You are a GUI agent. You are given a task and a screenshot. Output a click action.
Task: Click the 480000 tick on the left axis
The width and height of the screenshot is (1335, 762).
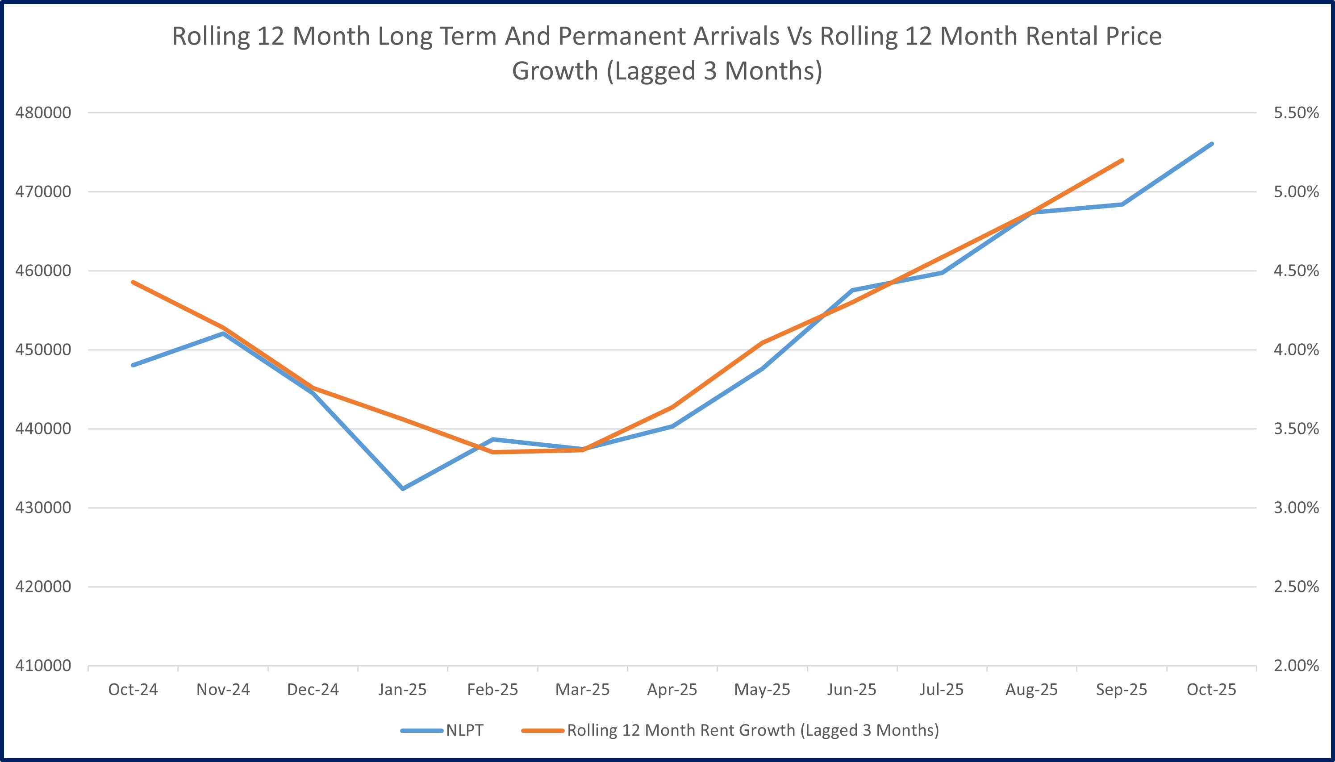[43, 113]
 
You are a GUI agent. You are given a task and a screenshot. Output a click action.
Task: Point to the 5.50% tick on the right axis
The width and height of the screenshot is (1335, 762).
[1296, 113]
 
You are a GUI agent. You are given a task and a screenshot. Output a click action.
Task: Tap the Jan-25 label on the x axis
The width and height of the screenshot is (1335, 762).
[402, 690]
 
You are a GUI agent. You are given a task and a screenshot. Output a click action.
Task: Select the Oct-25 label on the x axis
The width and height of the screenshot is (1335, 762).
[1211, 690]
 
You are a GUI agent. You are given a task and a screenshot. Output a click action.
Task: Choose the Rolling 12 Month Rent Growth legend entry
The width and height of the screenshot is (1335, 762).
[752, 730]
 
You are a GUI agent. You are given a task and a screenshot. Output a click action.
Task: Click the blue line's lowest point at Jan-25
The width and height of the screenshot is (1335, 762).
[402, 489]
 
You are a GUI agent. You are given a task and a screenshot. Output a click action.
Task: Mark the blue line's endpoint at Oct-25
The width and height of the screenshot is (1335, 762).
[1211, 144]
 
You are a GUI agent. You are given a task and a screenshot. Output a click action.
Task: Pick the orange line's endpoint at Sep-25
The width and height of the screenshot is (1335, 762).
[1122, 161]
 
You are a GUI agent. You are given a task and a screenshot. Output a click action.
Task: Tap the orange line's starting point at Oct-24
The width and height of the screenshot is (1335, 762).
[133, 282]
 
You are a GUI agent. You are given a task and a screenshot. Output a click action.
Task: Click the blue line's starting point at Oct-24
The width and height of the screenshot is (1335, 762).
[133, 365]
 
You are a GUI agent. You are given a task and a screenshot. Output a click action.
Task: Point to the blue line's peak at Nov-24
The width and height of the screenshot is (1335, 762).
[223, 333]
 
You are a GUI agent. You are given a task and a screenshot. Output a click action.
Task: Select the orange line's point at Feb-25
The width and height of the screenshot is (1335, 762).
[493, 452]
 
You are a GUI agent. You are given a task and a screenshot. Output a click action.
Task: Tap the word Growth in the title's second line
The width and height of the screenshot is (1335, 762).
[554, 71]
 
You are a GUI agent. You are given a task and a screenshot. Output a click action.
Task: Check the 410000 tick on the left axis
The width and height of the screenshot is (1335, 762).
[43, 666]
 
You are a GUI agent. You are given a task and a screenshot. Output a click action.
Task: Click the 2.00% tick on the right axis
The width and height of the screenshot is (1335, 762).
[1296, 666]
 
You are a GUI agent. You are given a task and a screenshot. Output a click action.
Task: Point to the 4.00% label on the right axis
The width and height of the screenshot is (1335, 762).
[1296, 350]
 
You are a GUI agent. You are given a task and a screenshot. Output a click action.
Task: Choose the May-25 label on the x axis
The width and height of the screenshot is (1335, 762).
[762, 690]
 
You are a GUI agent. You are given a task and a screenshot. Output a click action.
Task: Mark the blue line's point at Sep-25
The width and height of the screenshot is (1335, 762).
[1122, 204]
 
